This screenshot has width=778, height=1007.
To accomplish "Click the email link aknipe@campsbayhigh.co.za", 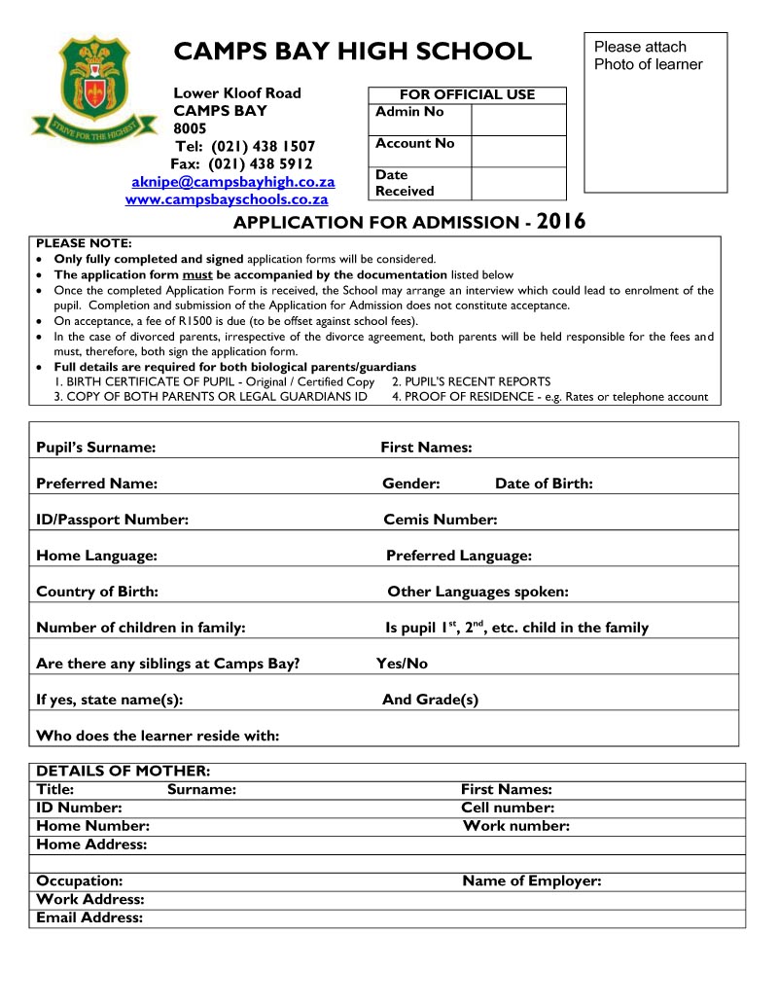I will pos(233,182).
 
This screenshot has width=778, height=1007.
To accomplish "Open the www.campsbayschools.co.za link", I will pos(227,199).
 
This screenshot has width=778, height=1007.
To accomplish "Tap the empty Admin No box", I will pos(517,120).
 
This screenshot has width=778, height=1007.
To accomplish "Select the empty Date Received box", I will pos(517,183).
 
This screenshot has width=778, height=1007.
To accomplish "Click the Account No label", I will pos(415,143).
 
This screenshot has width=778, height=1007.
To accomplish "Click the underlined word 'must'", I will pos(197,274).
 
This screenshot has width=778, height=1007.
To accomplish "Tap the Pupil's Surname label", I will pos(95,448).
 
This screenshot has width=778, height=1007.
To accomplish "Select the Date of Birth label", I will pos(544,484).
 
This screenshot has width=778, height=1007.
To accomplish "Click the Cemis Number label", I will pos(441,520).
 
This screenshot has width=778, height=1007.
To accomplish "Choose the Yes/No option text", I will pos(402,664).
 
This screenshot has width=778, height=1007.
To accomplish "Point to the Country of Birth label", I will pos(97,592).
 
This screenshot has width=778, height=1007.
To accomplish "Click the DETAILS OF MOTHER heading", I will pos(123,771).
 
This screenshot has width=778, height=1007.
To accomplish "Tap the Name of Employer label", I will pos(532,881).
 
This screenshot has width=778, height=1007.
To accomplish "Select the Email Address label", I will pos(89,917).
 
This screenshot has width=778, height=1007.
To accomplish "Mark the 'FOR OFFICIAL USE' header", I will pos(467,94).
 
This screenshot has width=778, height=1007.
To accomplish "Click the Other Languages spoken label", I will pos(477,592).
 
